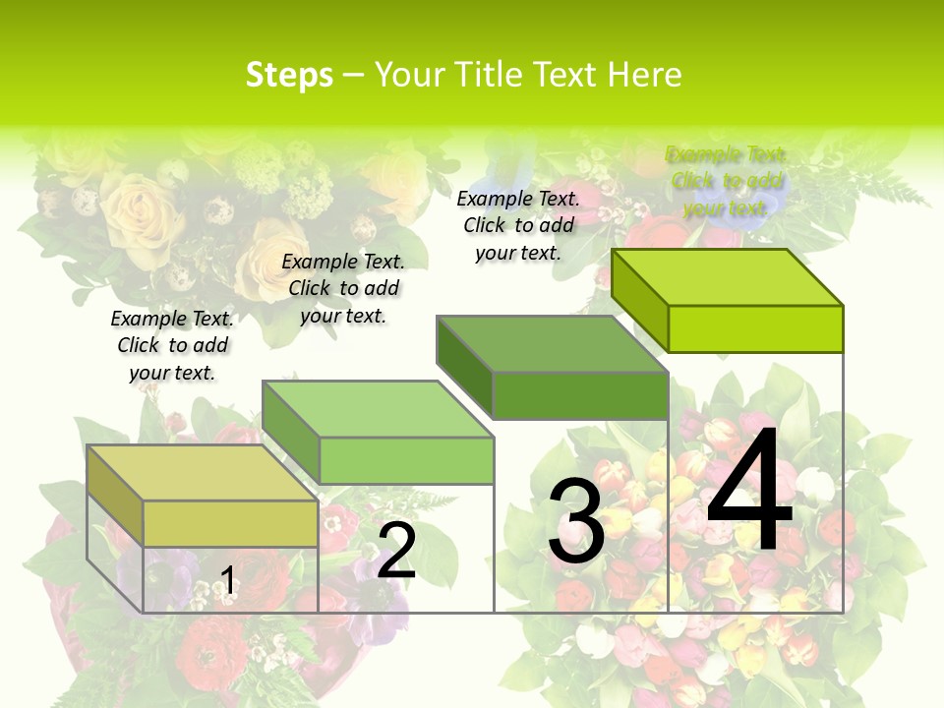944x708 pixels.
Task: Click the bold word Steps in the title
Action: point(289,75)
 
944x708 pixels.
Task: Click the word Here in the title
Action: point(644,75)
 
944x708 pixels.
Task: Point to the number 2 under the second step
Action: point(396,551)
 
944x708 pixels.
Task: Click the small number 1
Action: point(228,581)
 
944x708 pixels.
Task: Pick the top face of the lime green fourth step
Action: point(728,277)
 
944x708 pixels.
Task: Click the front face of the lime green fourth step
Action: point(755,328)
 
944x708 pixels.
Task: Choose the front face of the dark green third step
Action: point(580,395)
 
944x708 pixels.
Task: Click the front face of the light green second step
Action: point(406,460)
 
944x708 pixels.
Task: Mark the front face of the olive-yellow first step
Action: point(230,523)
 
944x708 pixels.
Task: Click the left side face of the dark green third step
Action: point(464,366)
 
